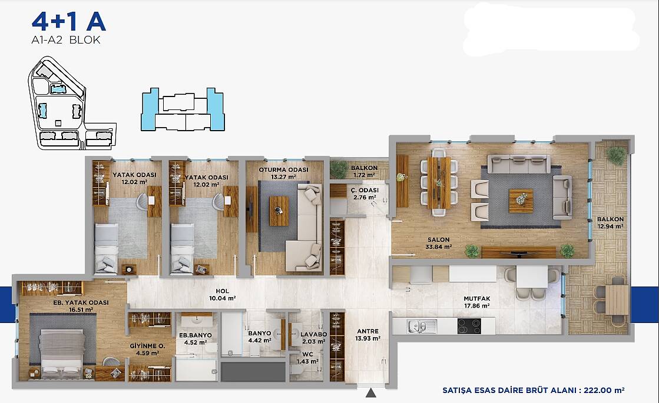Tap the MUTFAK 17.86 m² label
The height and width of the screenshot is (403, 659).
click(x=477, y=302)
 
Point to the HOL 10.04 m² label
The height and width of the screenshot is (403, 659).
click(x=223, y=294)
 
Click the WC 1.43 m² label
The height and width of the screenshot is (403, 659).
click(x=307, y=358)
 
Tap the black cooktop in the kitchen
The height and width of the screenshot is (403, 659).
click(x=469, y=326)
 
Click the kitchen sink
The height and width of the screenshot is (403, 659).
click(x=422, y=326)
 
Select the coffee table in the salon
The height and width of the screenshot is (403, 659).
click(x=521, y=201)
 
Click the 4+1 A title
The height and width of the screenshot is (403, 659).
click(x=68, y=22)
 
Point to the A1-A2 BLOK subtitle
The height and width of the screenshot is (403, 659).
click(x=66, y=40)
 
